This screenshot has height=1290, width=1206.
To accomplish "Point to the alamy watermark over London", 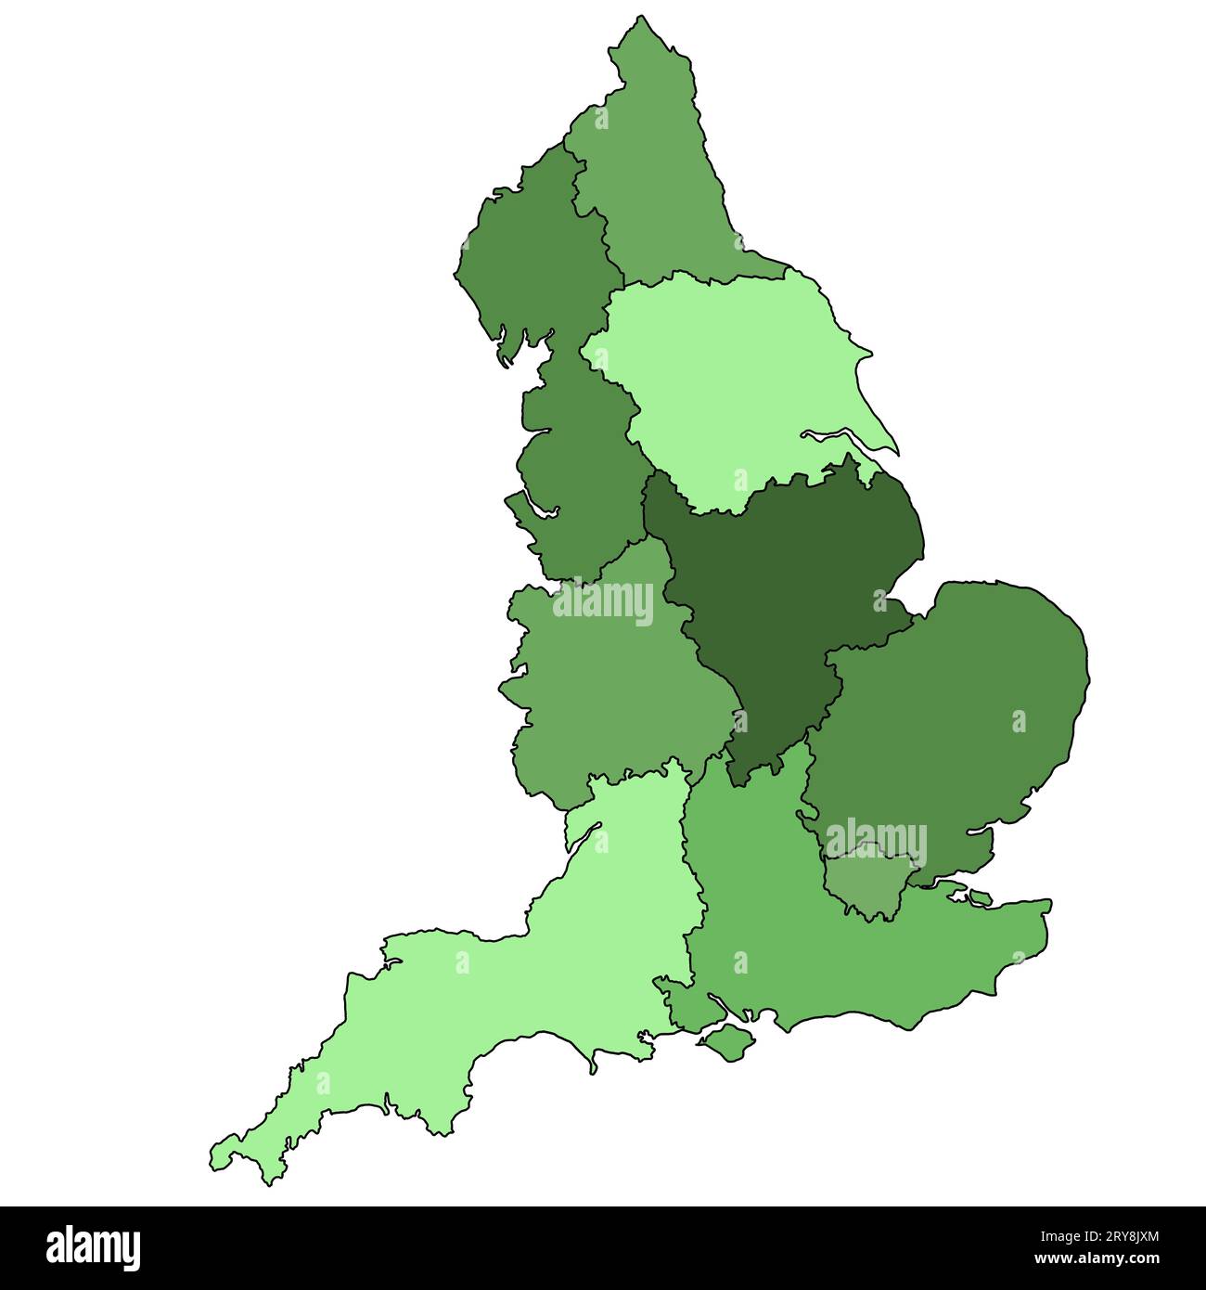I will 876,841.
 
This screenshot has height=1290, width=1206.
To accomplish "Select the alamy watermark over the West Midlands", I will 603,601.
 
